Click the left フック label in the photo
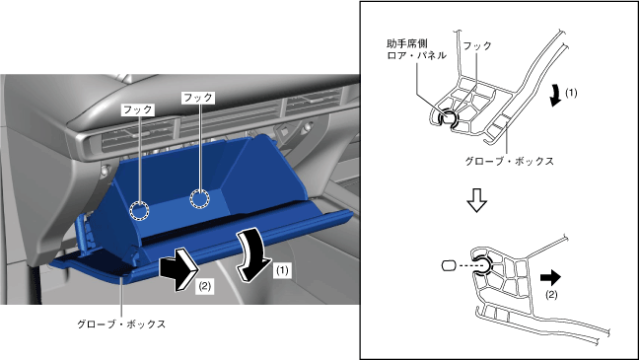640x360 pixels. tap(137, 109)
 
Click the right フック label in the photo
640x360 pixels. tap(198, 98)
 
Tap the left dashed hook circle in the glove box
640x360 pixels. tap(139, 211)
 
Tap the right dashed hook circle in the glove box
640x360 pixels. tap(200, 199)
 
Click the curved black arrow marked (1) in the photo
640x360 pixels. tap(253, 255)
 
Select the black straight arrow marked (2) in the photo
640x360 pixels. tap(179, 269)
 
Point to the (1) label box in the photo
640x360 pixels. tap(282, 270)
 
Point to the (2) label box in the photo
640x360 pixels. tap(204, 287)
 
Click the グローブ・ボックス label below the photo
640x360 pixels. tap(121, 324)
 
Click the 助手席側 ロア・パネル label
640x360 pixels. tap(416, 49)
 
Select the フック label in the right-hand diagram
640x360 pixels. tap(477, 45)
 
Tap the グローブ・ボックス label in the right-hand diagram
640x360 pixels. tap(510, 161)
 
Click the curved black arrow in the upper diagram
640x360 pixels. tap(555, 95)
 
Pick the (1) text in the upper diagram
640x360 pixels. tap(571, 93)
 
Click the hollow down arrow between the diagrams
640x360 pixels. tap(476, 200)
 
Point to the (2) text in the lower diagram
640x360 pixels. tap(551, 295)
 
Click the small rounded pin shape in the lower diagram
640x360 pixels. tap(448, 265)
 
